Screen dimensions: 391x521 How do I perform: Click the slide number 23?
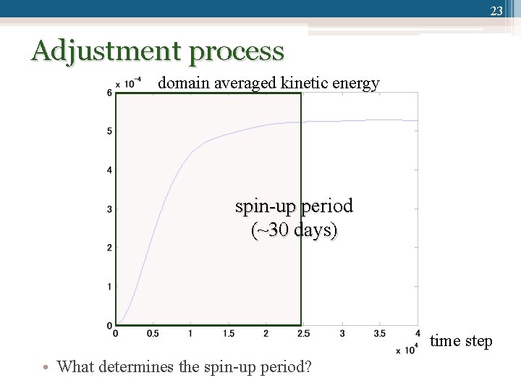[496, 11]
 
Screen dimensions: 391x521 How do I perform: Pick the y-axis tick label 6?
[109, 93]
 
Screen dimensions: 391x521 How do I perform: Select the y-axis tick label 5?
[109, 131]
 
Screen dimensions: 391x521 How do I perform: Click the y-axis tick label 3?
[109, 209]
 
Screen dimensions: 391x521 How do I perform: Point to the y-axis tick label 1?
[109, 287]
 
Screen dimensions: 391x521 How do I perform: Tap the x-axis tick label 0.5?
[153, 334]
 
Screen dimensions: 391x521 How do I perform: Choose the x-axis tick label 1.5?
[228, 334]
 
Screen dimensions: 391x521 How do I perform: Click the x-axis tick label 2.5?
[303, 334]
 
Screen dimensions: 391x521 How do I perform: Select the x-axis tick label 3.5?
[379, 334]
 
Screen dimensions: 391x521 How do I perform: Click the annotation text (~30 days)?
[294, 232]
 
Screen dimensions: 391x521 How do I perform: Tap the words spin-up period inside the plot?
[294, 207]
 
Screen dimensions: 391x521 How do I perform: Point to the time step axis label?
[461, 341]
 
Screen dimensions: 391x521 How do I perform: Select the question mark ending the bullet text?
[308, 366]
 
